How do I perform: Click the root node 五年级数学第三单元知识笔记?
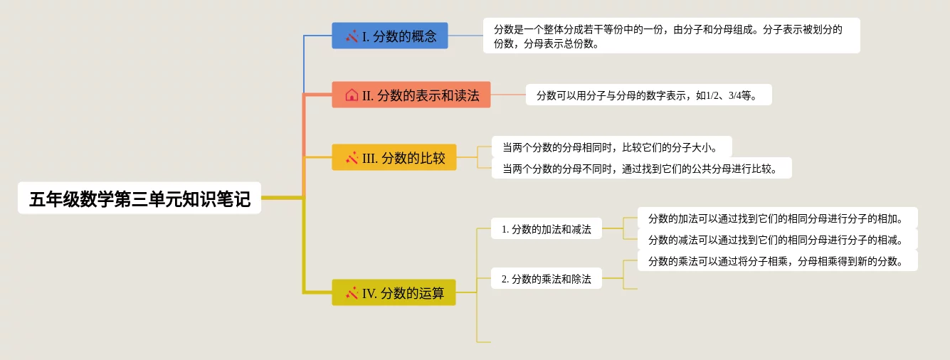coord(139,198)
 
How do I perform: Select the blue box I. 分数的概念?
coord(390,36)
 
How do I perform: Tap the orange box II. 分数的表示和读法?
coord(411,95)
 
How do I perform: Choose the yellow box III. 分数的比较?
coord(394,157)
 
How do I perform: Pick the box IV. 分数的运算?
coord(394,292)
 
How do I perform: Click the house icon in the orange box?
coord(352,95)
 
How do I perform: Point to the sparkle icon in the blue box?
coord(352,36)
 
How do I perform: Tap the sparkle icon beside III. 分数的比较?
coord(352,158)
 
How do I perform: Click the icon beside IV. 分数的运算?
coord(352,292)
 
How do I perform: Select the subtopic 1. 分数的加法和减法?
coord(547,228)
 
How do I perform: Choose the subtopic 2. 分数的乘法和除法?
coord(547,278)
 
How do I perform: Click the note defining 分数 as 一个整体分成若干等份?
coord(671,36)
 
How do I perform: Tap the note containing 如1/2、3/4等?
coord(648,95)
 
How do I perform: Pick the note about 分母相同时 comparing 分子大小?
coord(611,147)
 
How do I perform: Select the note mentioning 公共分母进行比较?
coord(641,168)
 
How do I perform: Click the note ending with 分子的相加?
coord(777,218)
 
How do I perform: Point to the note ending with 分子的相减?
coord(777,239)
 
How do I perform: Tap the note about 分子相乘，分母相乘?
coord(777,260)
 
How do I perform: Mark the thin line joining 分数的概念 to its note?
coord(465,36)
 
